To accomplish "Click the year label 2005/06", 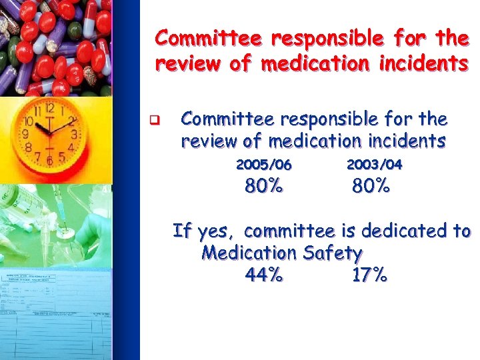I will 264,165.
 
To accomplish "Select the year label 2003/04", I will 375,165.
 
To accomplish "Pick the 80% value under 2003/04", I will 371,187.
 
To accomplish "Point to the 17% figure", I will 369,275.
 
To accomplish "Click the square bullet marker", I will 152,121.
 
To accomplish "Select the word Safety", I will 332,253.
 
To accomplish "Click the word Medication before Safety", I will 249,253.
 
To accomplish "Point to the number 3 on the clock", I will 74,134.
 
